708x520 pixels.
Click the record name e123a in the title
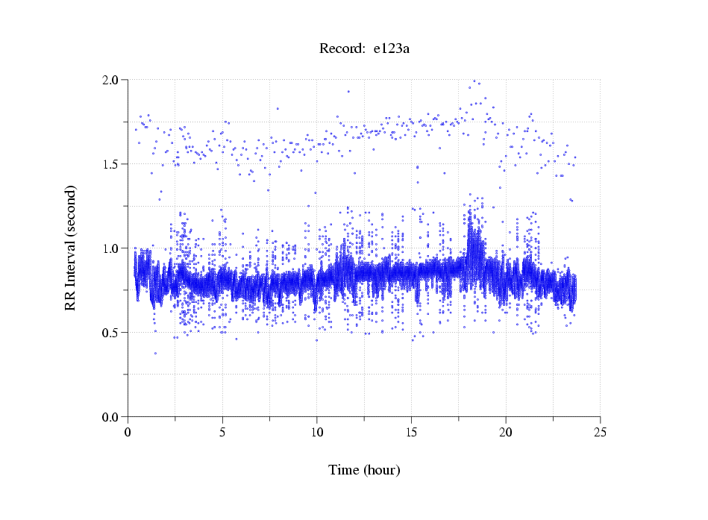coord(392,49)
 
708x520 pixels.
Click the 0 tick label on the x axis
coord(128,432)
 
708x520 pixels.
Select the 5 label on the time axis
coord(222,432)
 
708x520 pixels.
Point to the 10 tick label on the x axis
coord(317,432)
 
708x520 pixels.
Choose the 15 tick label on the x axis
coord(411,432)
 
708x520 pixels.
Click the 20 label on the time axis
coord(506,432)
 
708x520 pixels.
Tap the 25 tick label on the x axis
coord(600,432)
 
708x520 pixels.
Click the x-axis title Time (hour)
coord(364,470)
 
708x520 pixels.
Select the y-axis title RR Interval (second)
coord(70,248)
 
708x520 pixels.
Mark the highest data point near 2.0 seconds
coord(474,81)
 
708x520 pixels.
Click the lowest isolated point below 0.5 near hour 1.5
coord(155,353)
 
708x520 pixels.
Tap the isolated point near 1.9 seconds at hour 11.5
coord(348,92)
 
